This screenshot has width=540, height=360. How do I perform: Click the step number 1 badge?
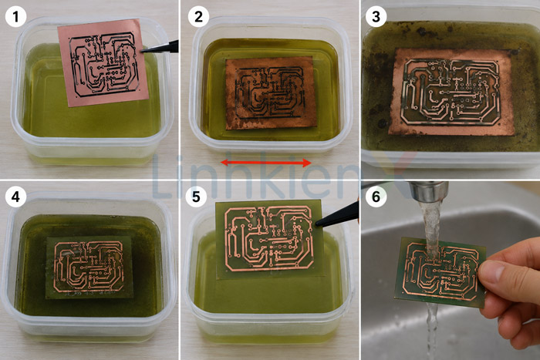(x=15, y=16)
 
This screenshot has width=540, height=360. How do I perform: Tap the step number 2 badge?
(x=199, y=16)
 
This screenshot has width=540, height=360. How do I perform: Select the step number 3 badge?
(x=376, y=16)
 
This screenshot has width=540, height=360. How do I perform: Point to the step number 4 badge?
(x=15, y=197)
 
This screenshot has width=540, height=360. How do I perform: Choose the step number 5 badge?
(x=196, y=197)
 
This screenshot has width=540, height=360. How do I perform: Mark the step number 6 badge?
(x=376, y=197)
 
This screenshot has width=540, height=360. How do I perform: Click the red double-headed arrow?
(x=266, y=163)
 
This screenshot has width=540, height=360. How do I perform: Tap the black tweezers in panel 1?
(x=160, y=48)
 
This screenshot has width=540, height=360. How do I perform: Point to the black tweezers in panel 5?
(x=338, y=215)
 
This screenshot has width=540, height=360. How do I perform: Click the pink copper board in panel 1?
(x=103, y=62)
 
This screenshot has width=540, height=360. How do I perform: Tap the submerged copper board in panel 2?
(x=271, y=93)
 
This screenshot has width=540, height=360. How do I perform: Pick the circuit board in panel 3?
(x=452, y=92)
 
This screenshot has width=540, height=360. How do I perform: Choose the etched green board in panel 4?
(x=89, y=267)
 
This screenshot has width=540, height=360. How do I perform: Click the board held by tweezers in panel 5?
(x=270, y=239)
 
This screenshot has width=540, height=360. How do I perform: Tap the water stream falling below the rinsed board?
(x=431, y=328)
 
